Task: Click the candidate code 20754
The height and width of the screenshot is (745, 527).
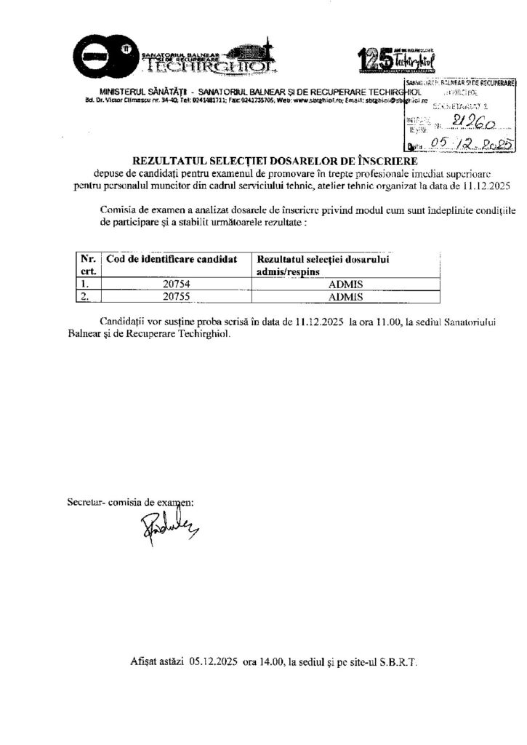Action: point(177,284)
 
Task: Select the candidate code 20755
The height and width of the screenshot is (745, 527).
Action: point(177,297)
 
